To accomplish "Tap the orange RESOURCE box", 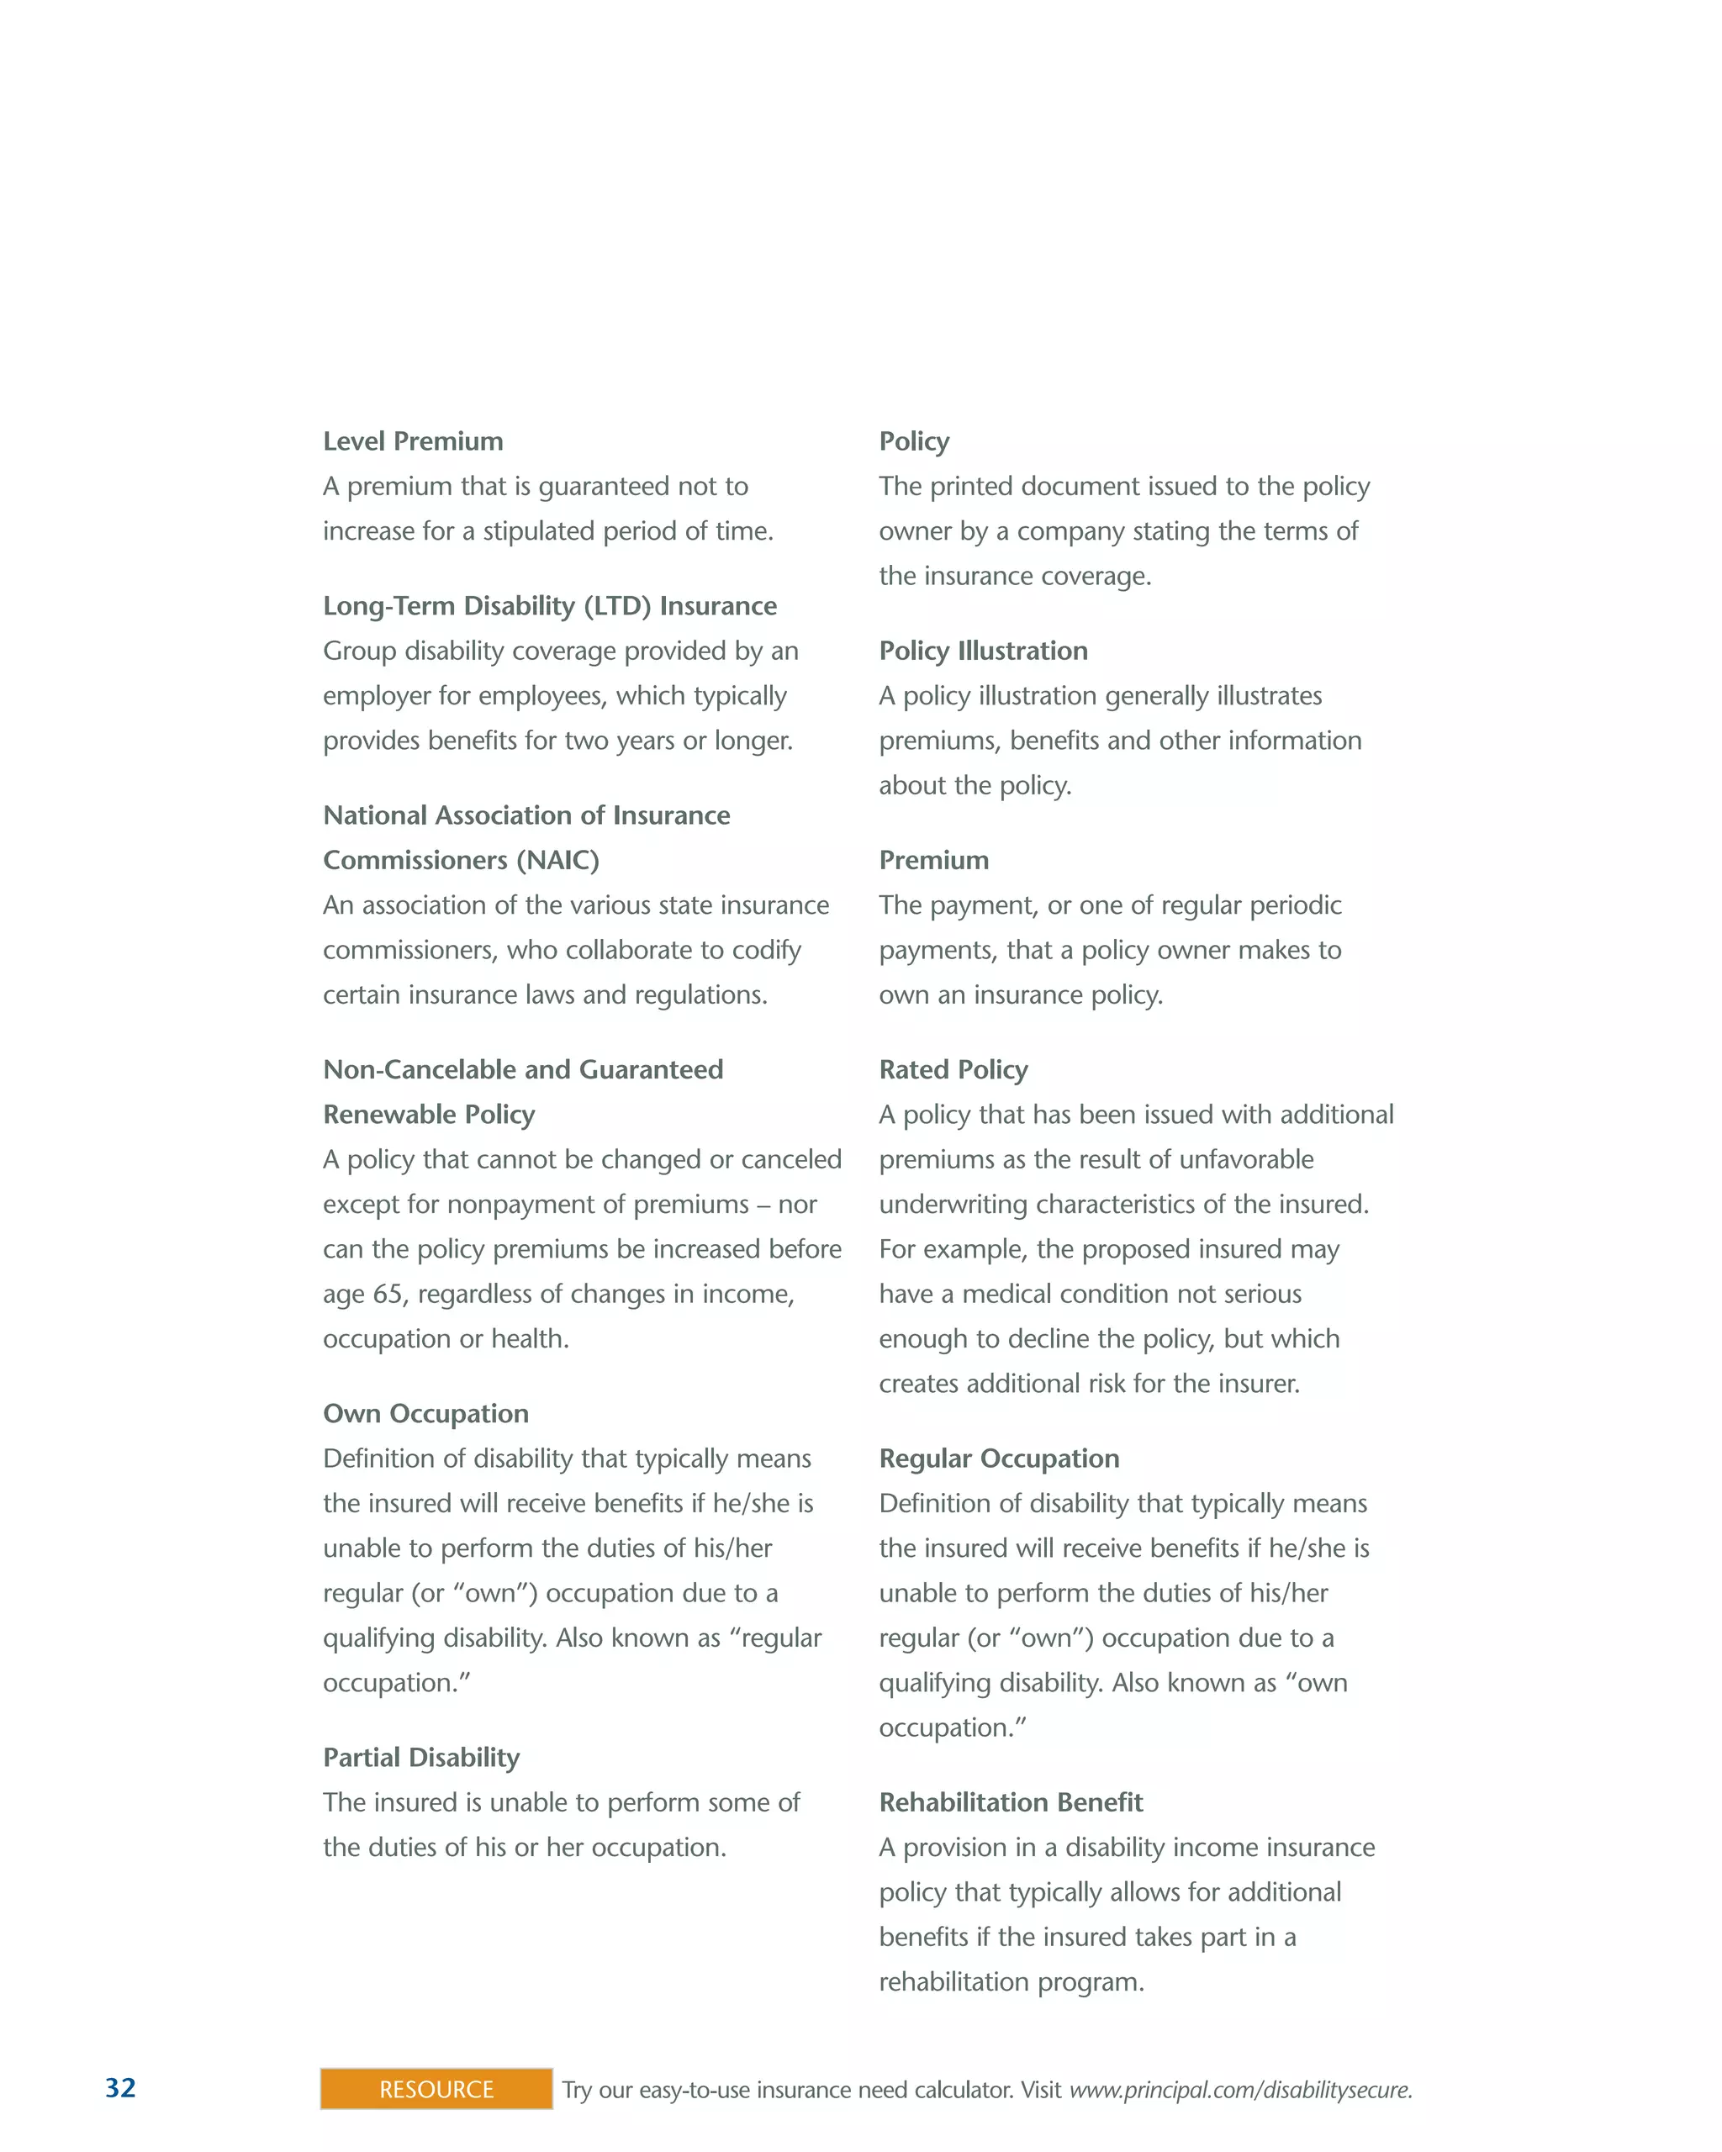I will (436, 2088).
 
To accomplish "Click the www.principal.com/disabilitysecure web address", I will (1240, 2089).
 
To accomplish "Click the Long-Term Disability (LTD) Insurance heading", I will (549, 606).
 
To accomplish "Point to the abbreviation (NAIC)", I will (557, 861).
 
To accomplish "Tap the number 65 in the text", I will (388, 1295).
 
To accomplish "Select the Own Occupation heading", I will (425, 1413).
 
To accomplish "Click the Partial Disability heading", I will (420, 1758).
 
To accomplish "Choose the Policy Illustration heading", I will (982, 651).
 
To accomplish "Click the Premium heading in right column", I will (933, 861).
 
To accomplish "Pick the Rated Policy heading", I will (953, 1070).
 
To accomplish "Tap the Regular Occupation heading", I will (998, 1458).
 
